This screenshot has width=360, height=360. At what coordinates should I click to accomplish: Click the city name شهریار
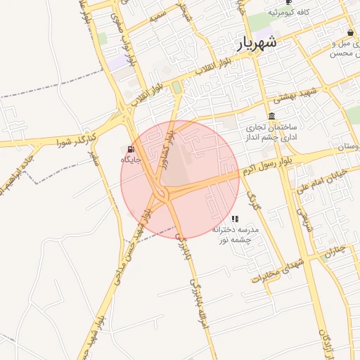pyautogui.click(x=258, y=44)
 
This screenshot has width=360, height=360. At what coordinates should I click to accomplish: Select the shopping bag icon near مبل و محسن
pyautogui.click(x=350, y=32)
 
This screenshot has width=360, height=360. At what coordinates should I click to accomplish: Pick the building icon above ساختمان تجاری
pyautogui.click(x=272, y=116)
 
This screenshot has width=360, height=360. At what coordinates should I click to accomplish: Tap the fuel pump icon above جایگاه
pyautogui.click(x=131, y=149)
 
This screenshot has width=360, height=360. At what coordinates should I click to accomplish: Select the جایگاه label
pyautogui.click(x=131, y=160)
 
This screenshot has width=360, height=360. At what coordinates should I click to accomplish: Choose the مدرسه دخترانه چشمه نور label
pyautogui.click(x=236, y=234)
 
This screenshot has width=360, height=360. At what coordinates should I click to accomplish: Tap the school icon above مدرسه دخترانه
pyautogui.click(x=235, y=219)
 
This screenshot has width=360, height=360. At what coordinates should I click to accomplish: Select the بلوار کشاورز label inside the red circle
pyautogui.click(x=164, y=149)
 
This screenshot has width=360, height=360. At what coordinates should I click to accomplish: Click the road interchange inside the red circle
pyautogui.click(x=167, y=193)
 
